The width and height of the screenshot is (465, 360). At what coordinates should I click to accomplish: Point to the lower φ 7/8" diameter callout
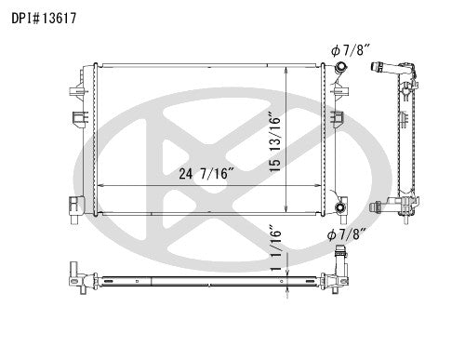pos(346,233)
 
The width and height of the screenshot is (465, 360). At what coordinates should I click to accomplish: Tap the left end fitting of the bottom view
pos(73,275)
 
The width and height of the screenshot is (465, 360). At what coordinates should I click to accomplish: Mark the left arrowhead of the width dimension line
pos(100,186)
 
